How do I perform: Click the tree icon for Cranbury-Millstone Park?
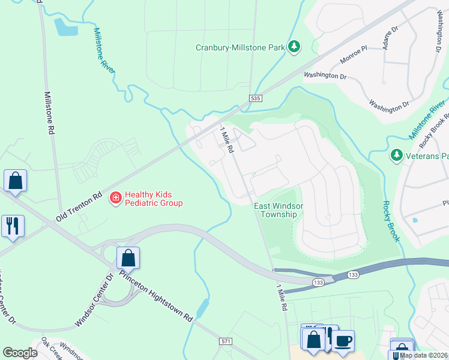click(294, 47)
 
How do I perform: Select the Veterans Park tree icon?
click(396, 156)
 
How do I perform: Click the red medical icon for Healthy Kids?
click(114, 197)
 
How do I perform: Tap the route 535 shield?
click(255, 97)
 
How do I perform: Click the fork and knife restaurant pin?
click(13, 226)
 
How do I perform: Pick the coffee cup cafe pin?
click(343, 341)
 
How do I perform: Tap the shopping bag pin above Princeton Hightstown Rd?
click(128, 258)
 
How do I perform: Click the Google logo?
click(20, 353)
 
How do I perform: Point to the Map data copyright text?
click(423, 355)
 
